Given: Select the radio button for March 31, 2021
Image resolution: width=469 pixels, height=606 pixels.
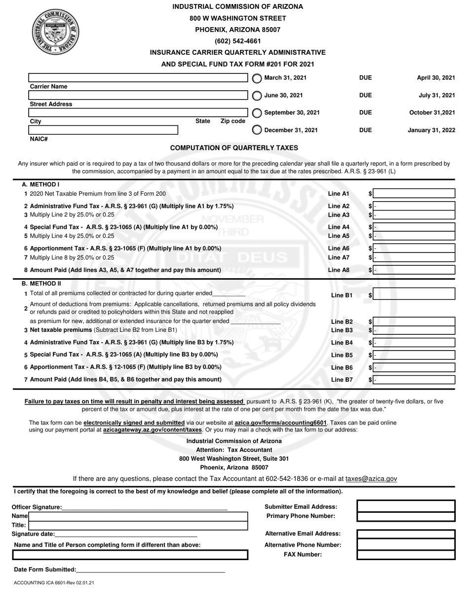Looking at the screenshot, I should coord(257,78).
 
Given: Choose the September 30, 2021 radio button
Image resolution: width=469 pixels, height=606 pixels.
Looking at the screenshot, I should coord(257,113).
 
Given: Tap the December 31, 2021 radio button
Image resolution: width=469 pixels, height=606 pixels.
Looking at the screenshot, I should coord(257,130).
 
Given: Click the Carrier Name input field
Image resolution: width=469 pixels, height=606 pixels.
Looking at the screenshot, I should coord(138,78).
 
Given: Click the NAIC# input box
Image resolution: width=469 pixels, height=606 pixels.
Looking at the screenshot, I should coord(103,130).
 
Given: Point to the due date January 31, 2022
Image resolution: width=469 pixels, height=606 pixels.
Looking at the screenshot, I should coord(431,130).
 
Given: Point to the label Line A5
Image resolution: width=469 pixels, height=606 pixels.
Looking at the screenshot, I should coord(339,236).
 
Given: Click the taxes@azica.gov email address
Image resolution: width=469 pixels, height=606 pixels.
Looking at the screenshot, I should coord(371,478).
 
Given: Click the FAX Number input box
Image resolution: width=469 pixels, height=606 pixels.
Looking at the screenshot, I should coord(405,554).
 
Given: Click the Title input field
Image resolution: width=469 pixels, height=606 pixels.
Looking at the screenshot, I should coord(138,525).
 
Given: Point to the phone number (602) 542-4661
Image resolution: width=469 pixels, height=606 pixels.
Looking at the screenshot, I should coord(237,41).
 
